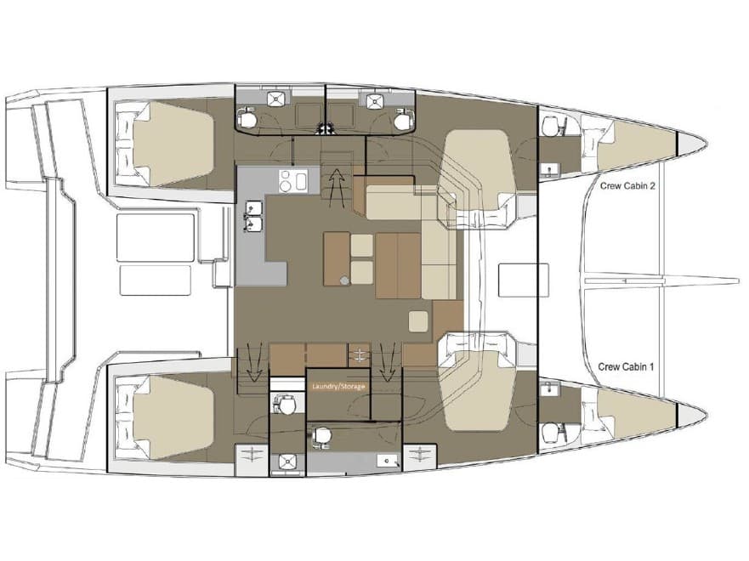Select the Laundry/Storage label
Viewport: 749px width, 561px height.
338,387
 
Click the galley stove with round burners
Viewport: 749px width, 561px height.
293,179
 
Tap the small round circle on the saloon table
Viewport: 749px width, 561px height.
343,280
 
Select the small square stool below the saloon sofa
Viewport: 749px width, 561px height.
418,320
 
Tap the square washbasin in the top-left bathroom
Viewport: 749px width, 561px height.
275,99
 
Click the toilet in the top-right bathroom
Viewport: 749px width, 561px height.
402,120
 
